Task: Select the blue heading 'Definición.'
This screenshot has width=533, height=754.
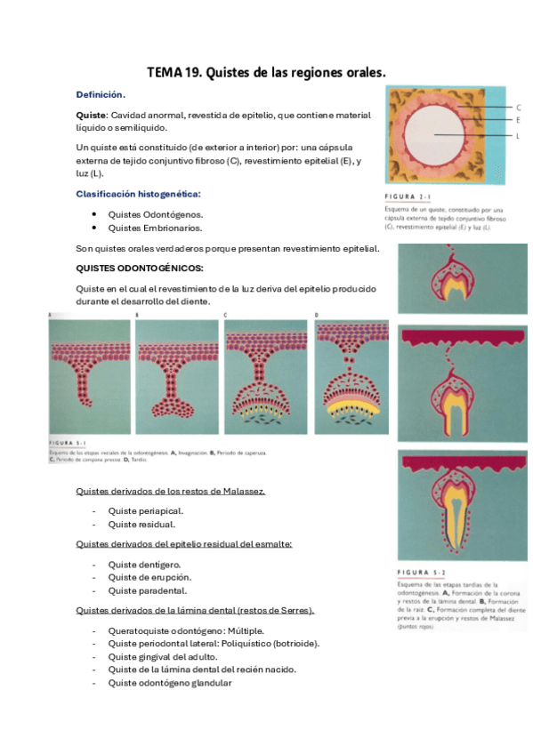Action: pyautogui.click(x=101, y=94)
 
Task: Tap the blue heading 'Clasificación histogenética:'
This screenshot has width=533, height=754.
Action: pyautogui.click(x=138, y=193)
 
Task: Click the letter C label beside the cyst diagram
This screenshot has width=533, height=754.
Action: pyautogui.click(x=518, y=108)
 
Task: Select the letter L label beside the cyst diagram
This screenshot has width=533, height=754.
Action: pyautogui.click(x=518, y=135)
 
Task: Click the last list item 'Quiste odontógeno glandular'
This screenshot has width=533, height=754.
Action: pyautogui.click(x=170, y=683)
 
